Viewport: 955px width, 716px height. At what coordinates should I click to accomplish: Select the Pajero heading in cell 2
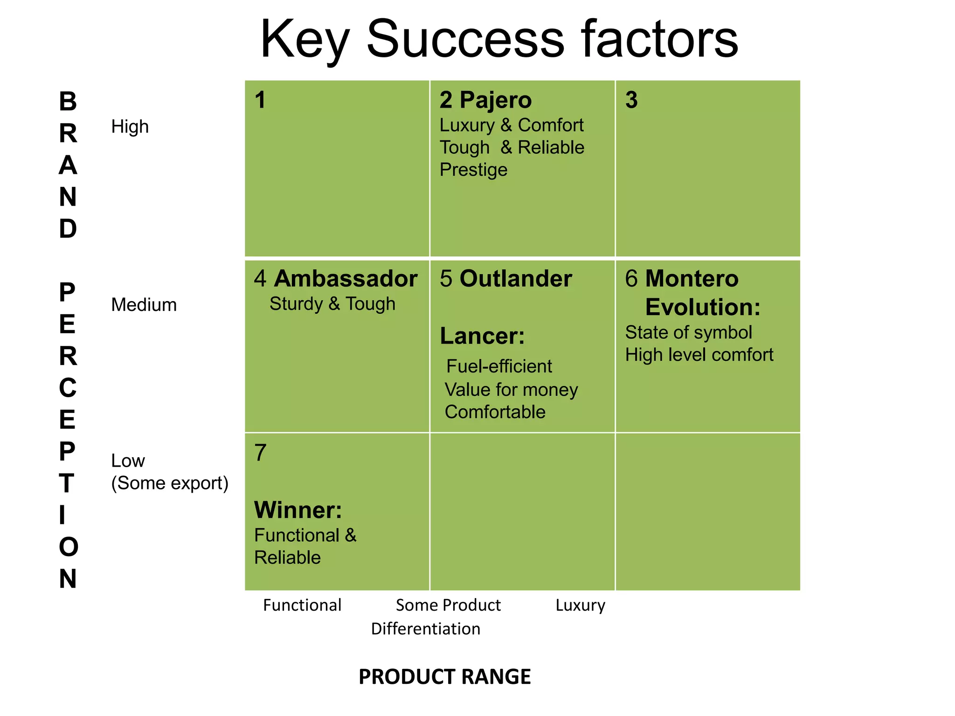tap(495, 100)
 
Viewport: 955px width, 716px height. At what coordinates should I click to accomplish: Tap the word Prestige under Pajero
tap(473, 170)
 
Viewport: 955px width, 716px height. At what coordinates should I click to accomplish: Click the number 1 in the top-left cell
tap(260, 100)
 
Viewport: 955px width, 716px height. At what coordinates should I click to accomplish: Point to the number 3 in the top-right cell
tap(631, 100)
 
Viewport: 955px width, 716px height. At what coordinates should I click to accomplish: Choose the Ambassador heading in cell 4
tap(346, 279)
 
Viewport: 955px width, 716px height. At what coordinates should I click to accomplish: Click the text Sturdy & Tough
tap(332, 304)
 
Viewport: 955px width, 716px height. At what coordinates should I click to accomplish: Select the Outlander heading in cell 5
tap(516, 279)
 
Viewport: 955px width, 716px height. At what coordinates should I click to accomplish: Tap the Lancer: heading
tap(482, 336)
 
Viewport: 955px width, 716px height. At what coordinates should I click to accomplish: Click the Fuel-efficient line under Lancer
tap(499, 366)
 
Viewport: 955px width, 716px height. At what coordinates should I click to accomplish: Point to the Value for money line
tap(511, 390)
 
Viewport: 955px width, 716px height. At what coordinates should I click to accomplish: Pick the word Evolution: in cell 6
tap(703, 307)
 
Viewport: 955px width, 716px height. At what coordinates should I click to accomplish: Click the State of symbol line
tap(688, 333)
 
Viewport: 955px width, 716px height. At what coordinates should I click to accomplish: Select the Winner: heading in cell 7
tap(298, 510)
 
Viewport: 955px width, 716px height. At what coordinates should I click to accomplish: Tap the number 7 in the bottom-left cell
tap(260, 453)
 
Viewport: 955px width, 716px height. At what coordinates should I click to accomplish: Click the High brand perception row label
tap(130, 127)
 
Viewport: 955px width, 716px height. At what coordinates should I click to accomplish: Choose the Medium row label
tap(144, 305)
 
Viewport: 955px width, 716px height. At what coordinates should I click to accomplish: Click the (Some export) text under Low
tap(170, 483)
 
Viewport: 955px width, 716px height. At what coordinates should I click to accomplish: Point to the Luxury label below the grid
tap(580, 605)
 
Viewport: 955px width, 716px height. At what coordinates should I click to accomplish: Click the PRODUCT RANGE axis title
tap(444, 677)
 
